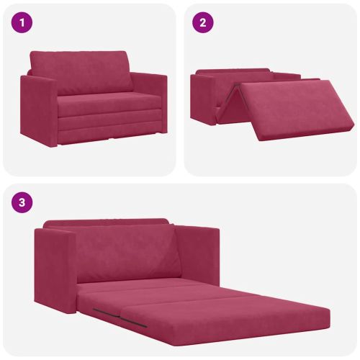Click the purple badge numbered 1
pos(22,22)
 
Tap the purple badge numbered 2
pos(203,22)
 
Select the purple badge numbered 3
pos(22,202)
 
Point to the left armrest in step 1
pos(38,110)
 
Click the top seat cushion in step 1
pos(108,104)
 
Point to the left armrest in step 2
pos(203,99)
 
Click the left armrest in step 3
pos(55,269)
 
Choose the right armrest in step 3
pos(197,254)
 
